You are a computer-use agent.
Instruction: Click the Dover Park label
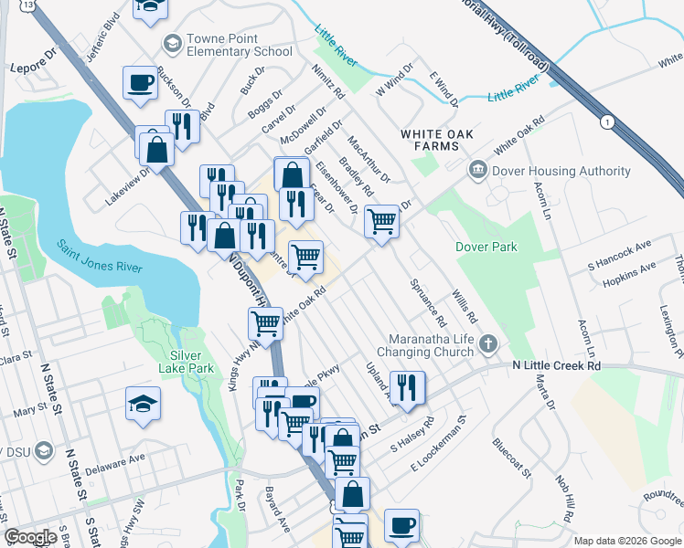click(x=486, y=247)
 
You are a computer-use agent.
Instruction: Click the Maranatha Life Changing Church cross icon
click(x=489, y=344)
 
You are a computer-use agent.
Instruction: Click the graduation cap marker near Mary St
click(x=144, y=403)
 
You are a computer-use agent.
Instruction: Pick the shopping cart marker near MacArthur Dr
click(x=381, y=221)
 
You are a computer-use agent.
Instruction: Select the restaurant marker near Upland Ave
click(x=407, y=386)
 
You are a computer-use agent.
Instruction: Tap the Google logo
click(x=30, y=537)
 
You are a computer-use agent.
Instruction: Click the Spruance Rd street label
click(x=428, y=303)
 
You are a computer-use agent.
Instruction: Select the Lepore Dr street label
click(x=33, y=68)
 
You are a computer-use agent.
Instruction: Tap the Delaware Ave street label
click(x=117, y=463)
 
